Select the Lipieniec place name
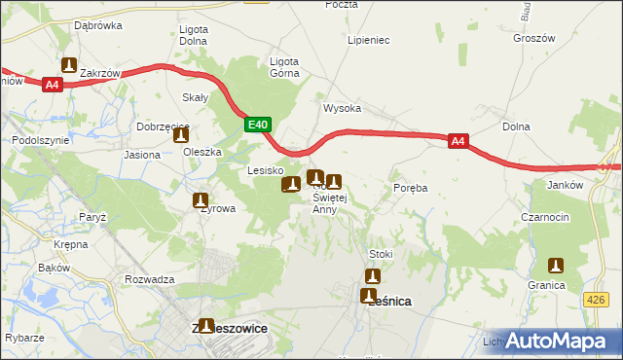click(369, 41)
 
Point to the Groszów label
click(532, 37)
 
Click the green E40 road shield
click(257, 125)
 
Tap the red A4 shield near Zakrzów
click(53, 85)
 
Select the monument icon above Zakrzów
click(69, 65)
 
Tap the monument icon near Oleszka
click(181, 137)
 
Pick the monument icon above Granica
click(556, 265)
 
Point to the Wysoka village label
click(343, 109)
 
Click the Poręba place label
click(410, 187)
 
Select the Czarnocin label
click(544, 217)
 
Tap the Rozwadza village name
click(149, 279)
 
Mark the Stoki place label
click(381, 254)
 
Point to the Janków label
click(565, 185)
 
